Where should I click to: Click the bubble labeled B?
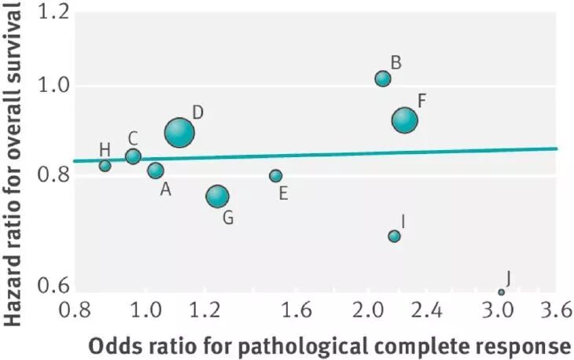pyautogui.click(x=383, y=79)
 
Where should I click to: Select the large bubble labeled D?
pyautogui.click(x=179, y=132)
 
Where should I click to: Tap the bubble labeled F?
pyautogui.click(x=405, y=120)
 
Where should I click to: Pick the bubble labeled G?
pyautogui.click(x=218, y=197)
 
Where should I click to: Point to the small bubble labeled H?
pyautogui.click(x=105, y=165)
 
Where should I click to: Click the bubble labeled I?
pyautogui.click(x=395, y=236)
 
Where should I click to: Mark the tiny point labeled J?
pyautogui.click(x=501, y=292)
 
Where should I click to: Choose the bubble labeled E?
pyautogui.click(x=275, y=175)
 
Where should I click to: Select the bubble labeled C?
pyautogui.click(x=133, y=156)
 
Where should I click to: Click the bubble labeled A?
pyautogui.click(x=156, y=170)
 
